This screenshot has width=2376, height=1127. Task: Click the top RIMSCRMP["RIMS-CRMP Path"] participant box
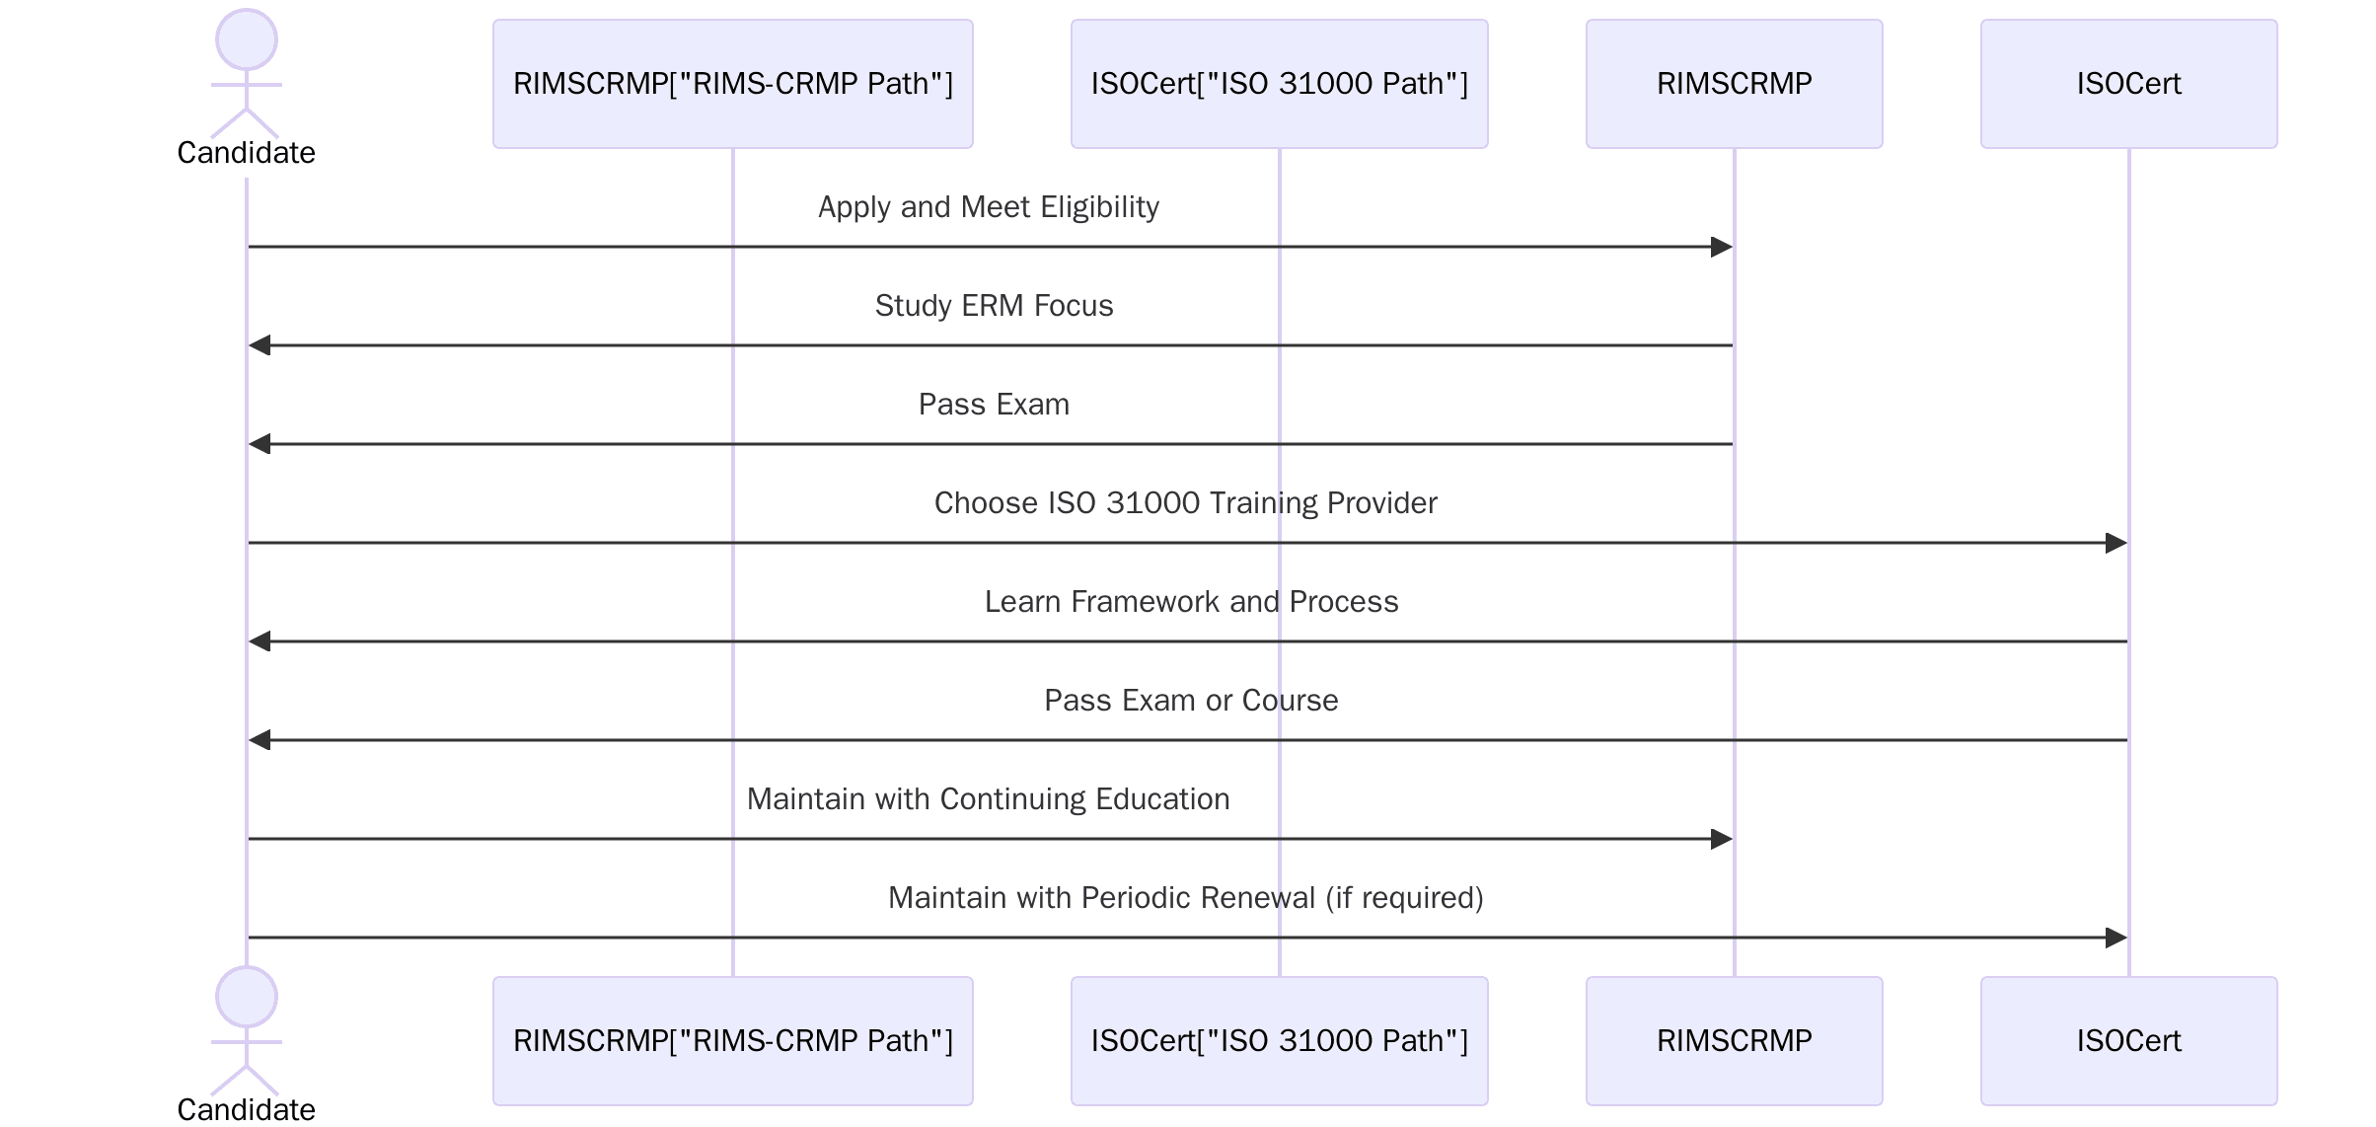(732, 84)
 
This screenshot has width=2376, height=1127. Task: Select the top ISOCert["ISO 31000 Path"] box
(1279, 84)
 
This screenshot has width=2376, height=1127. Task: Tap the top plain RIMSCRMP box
(1734, 84)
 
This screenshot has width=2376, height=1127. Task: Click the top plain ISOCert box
(2128, 84)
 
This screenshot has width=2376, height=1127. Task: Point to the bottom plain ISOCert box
(2128, 1041)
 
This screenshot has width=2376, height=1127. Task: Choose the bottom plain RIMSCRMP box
(1734, 1041)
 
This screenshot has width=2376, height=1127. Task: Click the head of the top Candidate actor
(247, 39)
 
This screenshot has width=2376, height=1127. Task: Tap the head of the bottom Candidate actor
(247, 997)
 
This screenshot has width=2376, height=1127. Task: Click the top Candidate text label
(247, 153)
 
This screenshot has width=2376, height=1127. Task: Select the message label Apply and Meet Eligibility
(989, 207)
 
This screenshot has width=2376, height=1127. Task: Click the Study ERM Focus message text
(994, 306)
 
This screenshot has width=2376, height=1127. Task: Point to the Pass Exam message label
(994, 405)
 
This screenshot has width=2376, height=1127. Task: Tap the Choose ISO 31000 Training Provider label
(1185, 503)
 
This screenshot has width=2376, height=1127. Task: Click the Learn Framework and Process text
(1191, 602)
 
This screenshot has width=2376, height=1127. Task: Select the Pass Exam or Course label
(1191, 701)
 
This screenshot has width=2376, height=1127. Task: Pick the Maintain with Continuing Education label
(989, 799)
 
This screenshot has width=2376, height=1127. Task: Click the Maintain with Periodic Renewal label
(1185, 898)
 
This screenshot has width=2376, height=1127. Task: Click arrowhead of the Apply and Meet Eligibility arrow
(1722, 247)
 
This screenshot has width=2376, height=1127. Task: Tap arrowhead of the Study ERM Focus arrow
(260, 345)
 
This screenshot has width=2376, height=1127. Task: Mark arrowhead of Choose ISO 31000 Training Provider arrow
(2116, 543)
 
